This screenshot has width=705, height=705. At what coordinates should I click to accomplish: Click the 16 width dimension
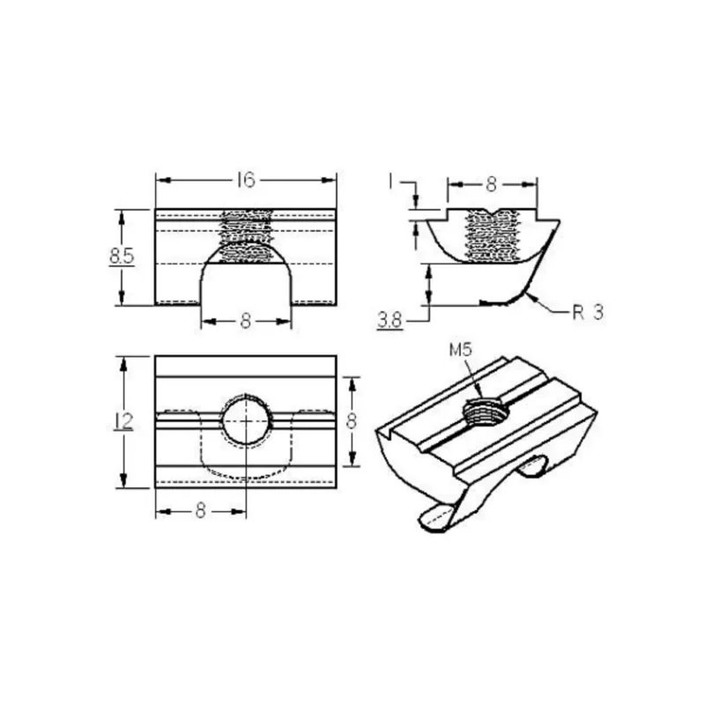pos(247,181)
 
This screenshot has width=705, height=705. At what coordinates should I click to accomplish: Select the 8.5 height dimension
pos(122,256)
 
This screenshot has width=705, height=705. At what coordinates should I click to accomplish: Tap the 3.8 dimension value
pos(390,321)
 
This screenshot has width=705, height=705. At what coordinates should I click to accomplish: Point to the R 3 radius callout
pos(588,312)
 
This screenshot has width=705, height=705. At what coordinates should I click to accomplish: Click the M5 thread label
pos(460,349)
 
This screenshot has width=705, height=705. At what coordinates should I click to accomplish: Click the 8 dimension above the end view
pos(492,184)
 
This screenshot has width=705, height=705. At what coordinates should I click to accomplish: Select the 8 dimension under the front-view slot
pos(246,321)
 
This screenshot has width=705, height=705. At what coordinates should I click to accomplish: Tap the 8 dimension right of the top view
pos(351,421)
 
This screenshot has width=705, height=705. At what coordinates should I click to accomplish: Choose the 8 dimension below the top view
pos(201,511)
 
